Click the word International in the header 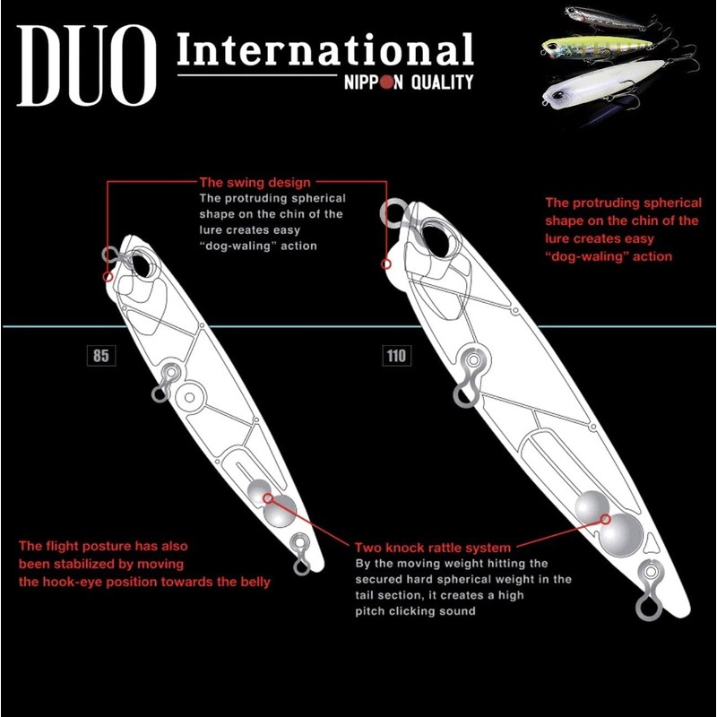pos(324,51)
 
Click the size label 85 pos(99,356)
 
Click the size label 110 pos(395,356)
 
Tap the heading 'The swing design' pos(255,182)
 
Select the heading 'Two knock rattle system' pos(433,547)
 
